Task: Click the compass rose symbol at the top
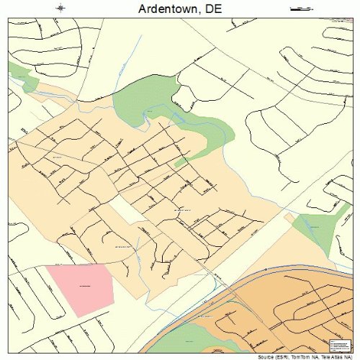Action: (x=61, y=9)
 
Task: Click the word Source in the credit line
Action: (x=264, y=356)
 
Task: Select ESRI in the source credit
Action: (x=282, y=356)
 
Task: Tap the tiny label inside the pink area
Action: (x=84, y=287)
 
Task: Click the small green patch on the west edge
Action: (x=22, y=76)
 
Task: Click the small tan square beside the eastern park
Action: (x=289, y=217)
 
